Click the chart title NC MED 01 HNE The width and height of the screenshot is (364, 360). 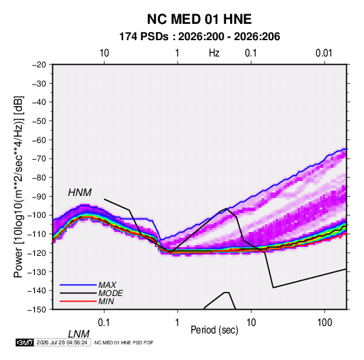point(199,19)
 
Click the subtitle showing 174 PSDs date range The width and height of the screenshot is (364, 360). point(199,37)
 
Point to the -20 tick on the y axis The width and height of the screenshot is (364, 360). point(39,65)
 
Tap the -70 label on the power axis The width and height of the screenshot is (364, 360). point(39,159)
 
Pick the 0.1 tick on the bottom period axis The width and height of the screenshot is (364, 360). point(104,323)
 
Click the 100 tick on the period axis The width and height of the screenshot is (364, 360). point(325,323)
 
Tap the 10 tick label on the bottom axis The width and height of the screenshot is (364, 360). point(251,323)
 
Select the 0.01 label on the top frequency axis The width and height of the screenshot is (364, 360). point(324,53)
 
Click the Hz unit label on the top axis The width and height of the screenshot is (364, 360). point(214,53)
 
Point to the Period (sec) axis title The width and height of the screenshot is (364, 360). point(214,330)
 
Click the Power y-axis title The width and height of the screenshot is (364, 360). point(18,187)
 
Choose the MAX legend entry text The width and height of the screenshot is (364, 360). point(107,285)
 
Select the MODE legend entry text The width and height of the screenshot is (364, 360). point(110,293)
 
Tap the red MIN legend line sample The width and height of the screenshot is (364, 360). point(78,301)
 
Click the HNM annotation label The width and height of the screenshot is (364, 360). point(80,193)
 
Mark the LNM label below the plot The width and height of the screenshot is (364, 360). point(78,334)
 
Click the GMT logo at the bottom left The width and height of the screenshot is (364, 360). point(24,342)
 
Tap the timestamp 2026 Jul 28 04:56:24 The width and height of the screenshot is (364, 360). point(62,342)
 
